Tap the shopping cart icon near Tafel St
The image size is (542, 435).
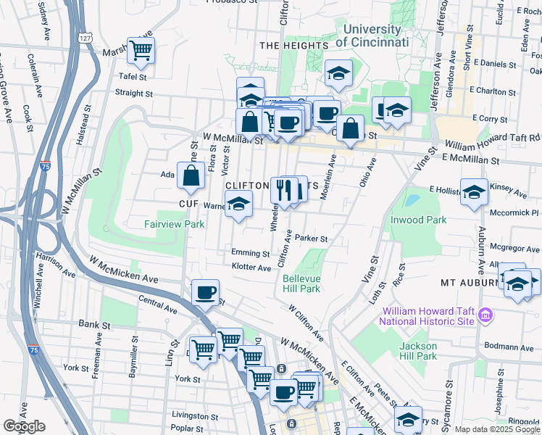[141, 50]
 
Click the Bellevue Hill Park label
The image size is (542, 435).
[301, 283]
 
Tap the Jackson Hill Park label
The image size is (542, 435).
[417, 351]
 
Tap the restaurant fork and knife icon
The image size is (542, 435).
[285, 190]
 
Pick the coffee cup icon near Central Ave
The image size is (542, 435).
[205, 292]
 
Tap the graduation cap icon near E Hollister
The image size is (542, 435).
[474, 192]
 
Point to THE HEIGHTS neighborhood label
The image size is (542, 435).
[293, 46]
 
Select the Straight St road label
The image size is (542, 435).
[134, 94]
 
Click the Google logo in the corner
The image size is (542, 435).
[23, 426]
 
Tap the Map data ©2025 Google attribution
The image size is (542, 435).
[496, 429]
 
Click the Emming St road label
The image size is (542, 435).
[250, 254]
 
